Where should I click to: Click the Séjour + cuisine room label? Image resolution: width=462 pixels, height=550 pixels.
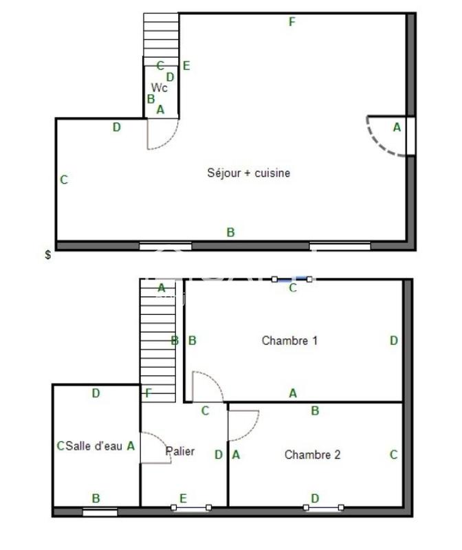point(248,173)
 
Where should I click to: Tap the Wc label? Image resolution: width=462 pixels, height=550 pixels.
point(159,88)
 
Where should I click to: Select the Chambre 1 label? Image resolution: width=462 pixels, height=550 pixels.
point(289,340)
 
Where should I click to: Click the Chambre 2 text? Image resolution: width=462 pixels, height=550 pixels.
point(312,454)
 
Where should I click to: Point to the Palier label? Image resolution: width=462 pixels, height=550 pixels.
point(180,452)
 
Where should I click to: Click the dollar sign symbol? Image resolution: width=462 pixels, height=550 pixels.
point(47,255)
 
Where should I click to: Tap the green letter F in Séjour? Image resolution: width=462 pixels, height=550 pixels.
point(292,22)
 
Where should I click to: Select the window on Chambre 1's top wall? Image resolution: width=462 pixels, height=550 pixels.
point(292,279)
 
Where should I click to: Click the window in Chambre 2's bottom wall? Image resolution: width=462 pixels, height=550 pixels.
point(324,508)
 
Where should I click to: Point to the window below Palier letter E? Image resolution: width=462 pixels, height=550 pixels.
point(191,508)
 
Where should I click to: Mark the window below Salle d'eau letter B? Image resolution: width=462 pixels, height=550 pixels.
point(100,511)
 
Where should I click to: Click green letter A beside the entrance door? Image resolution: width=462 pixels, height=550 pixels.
point(397,127)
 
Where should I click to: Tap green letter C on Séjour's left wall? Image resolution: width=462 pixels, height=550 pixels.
point(64,180)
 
